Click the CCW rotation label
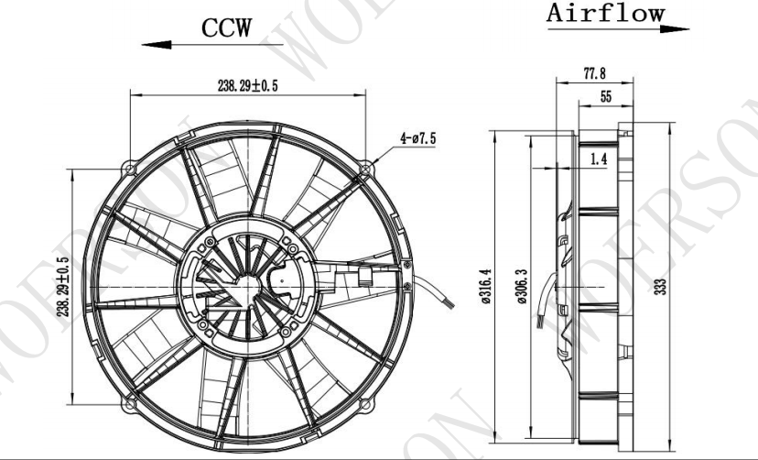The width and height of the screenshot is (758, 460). coord(226,28)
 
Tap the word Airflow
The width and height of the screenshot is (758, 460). coord(606,14)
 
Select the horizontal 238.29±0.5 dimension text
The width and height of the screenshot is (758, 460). coord(247,84)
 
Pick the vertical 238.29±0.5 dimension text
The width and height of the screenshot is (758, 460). coord(63,285)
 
